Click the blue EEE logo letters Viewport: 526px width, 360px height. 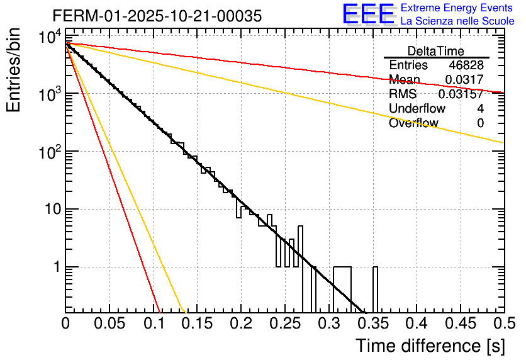click(368, 14)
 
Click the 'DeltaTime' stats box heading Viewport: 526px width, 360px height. click(436, 51)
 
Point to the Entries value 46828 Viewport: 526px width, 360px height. click(466, 65)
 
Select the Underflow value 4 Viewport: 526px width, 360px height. click(480, 109)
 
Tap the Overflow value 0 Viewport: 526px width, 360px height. click(480, 123)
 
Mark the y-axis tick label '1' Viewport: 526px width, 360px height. click(55, 267)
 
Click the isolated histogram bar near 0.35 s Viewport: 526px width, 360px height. click(376, 290)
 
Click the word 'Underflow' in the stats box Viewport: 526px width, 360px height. click(417, 109)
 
